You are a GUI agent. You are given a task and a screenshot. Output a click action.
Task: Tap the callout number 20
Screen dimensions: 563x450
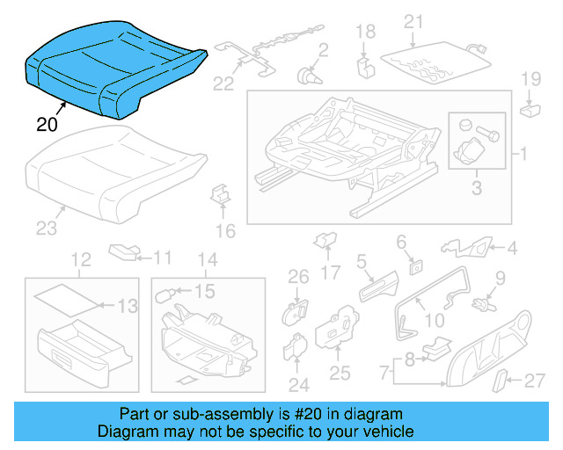coord(48,124)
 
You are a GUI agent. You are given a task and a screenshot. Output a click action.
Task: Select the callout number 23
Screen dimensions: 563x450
coord(46,229)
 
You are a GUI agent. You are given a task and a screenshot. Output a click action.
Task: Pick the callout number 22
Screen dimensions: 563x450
coord(223,83)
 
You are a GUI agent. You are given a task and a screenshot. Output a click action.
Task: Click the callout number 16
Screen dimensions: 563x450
coord(226,231)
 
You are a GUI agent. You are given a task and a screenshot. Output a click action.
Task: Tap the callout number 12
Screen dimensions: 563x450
coord(81,259)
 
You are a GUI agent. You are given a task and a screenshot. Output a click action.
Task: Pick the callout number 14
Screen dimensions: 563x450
coord(207,259)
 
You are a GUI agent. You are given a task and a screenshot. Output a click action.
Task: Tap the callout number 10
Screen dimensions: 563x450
coord(435,321)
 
